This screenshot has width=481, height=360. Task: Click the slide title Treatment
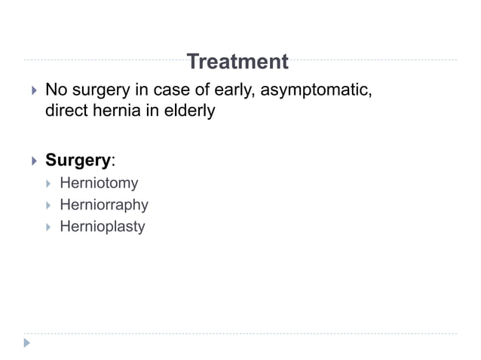pyautogui.click(x=237, y=62)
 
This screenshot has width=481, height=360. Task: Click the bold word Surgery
pyautogui.click(x=78, y=160)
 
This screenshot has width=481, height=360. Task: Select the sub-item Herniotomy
pyautogui.click(x=99, y=182)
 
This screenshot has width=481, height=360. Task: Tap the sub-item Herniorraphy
pyautogui.click(x=104, y=204)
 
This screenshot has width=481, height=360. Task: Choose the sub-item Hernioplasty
pyautogui.click(x=102, y=226)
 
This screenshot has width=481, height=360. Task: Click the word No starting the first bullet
pyautogui.click(x=55, y=92)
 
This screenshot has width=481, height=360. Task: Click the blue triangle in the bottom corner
pyautogui.click(x=27, y=343)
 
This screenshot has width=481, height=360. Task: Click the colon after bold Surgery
pyautogui.click(x=113, y=162)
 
